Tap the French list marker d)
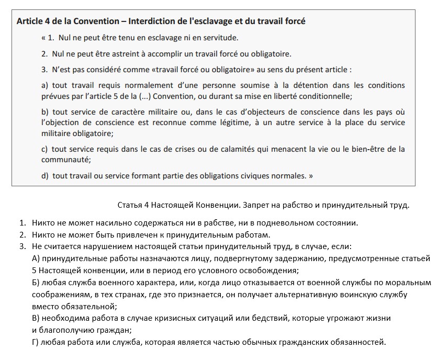[45, 176]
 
